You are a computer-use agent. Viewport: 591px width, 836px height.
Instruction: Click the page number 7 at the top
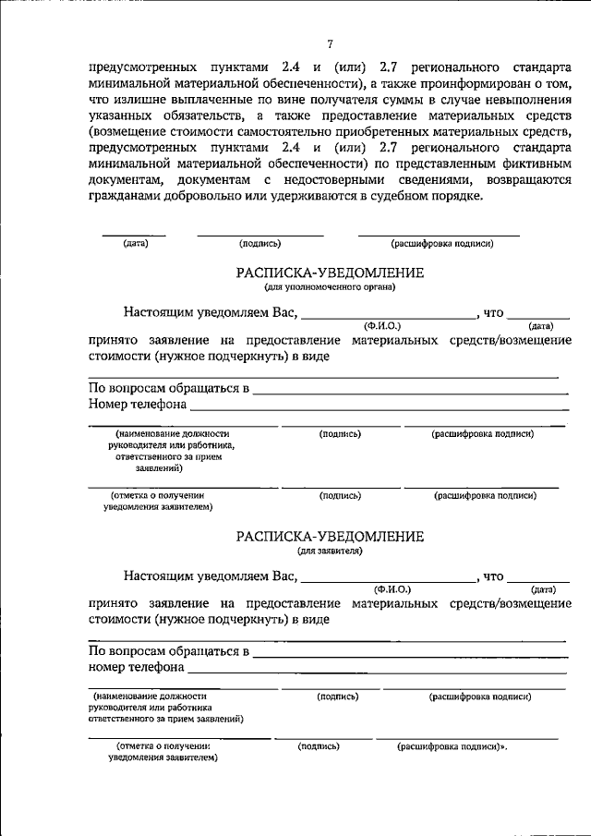click(x=330, y=44)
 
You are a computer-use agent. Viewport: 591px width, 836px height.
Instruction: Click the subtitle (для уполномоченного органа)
click(x=330, y=287)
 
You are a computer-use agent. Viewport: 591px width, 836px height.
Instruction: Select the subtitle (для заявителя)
click(x=330, y=551)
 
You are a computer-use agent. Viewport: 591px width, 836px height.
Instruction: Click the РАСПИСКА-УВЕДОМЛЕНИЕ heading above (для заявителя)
click(x=330, y=536)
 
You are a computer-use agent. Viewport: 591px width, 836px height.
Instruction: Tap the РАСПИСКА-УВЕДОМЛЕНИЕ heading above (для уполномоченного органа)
click(x=330, y=273)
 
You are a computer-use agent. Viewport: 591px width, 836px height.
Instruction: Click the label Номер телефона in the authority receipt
click(x=138, y=405)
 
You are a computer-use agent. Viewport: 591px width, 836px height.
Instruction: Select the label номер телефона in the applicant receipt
click(x=136, y=667)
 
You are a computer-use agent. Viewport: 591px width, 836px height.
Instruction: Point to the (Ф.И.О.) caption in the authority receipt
click(x=380, y=325)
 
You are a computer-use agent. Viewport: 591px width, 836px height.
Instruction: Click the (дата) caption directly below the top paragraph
click(x=135, y=244)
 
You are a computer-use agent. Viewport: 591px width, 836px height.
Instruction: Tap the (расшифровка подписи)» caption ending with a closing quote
click(x=452, y=745)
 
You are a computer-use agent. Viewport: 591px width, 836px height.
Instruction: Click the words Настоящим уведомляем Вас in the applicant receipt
click(x=211, y=576)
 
